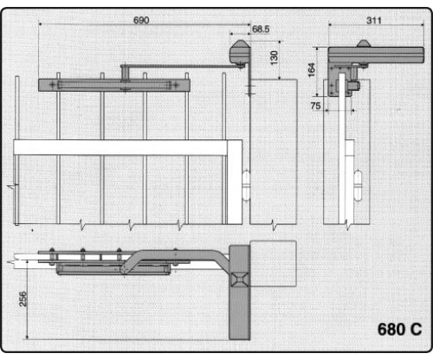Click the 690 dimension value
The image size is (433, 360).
click(x=141, y=20)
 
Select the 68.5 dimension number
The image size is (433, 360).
click(x=261, y=29)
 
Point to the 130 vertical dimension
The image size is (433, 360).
click(x=274, y=58)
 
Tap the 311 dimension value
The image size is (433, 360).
click(x=374, y=21)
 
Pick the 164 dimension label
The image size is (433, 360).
click(x=312, y=70)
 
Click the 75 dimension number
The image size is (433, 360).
click(x=315, y=106)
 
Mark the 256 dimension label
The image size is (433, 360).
click(x=23, y=299)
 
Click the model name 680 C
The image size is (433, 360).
click(x=399, y=329)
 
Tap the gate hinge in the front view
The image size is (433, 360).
click(x=246, y=185)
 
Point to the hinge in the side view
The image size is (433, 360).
click(x=358, y=185)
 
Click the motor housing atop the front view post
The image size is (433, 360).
click(x=240, y=53)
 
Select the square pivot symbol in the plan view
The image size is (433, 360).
click(x=239, y=280)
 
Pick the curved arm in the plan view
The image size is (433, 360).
click(x=173, y=258)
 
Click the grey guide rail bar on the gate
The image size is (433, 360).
click(x=114, y=85)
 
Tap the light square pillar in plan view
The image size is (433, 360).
click(x=273, y=263)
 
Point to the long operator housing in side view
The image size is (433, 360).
click(x=376, y=55)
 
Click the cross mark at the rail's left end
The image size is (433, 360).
click(x=52, y=85)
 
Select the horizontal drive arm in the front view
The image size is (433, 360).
click(x=182, y=67)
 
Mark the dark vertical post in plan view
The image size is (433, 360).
click(x=240, y=292)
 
